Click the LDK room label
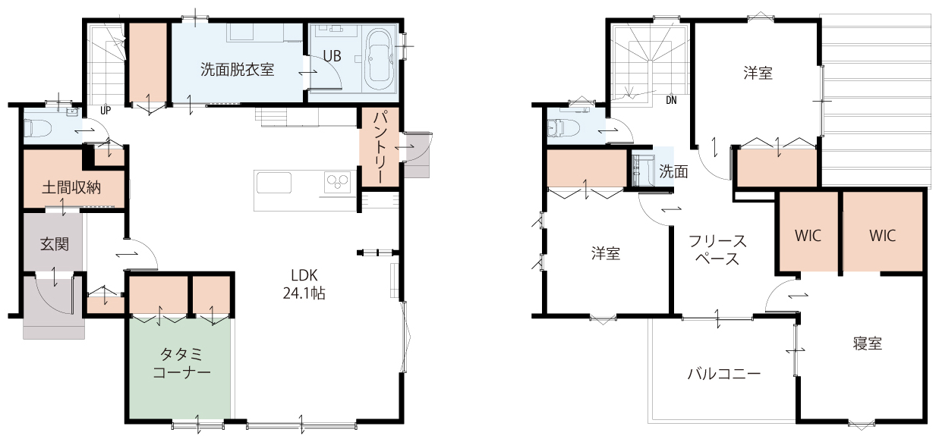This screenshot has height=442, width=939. [304, 275]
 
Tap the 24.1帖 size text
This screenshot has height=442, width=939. [304, 293]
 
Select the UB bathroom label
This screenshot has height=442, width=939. [332, 56]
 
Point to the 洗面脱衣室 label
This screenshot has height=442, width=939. [238, 70]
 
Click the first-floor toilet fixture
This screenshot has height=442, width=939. [38, 127]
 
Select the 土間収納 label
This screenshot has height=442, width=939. [71, 188]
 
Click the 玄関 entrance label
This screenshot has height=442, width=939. [55, 244]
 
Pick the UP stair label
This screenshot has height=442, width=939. [106, 110]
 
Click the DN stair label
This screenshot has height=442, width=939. [671, 100]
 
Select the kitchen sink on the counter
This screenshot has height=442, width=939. [274, 183]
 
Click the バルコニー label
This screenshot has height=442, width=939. [724, 373]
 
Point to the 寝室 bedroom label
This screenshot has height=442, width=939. [868, 343]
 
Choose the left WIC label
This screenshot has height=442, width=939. [808, 236]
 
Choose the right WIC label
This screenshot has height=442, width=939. [882, 236]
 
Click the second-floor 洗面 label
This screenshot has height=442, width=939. [673, 171]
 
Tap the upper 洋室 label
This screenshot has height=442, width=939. [758, 74]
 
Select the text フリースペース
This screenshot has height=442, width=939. [717, 250]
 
